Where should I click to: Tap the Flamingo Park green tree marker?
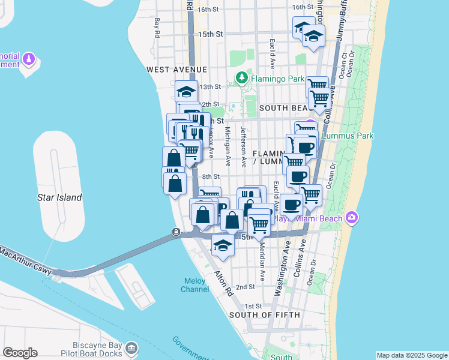(241, 77)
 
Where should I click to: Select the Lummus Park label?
(348, 136)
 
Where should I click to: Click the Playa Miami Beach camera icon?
(352, 217)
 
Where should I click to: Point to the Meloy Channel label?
(195, 285)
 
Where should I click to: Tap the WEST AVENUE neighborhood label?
(172, 70)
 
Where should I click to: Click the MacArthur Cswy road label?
(24, 260)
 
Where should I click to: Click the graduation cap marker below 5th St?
(223, 246)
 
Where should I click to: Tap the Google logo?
(20, 353)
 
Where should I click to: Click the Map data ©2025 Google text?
(412, 355)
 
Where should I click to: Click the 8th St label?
(211, 176)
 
